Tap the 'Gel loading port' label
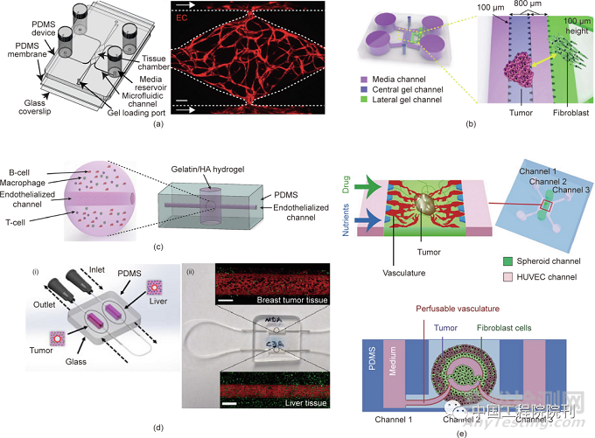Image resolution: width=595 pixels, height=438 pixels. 139,113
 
